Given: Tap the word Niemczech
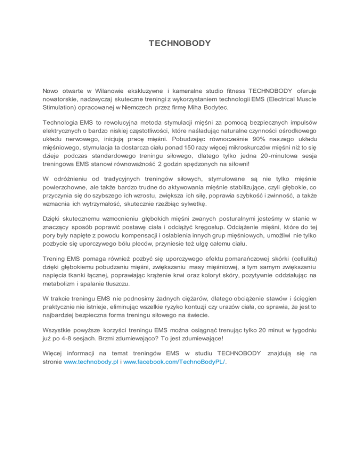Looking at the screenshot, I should click(145, 108).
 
